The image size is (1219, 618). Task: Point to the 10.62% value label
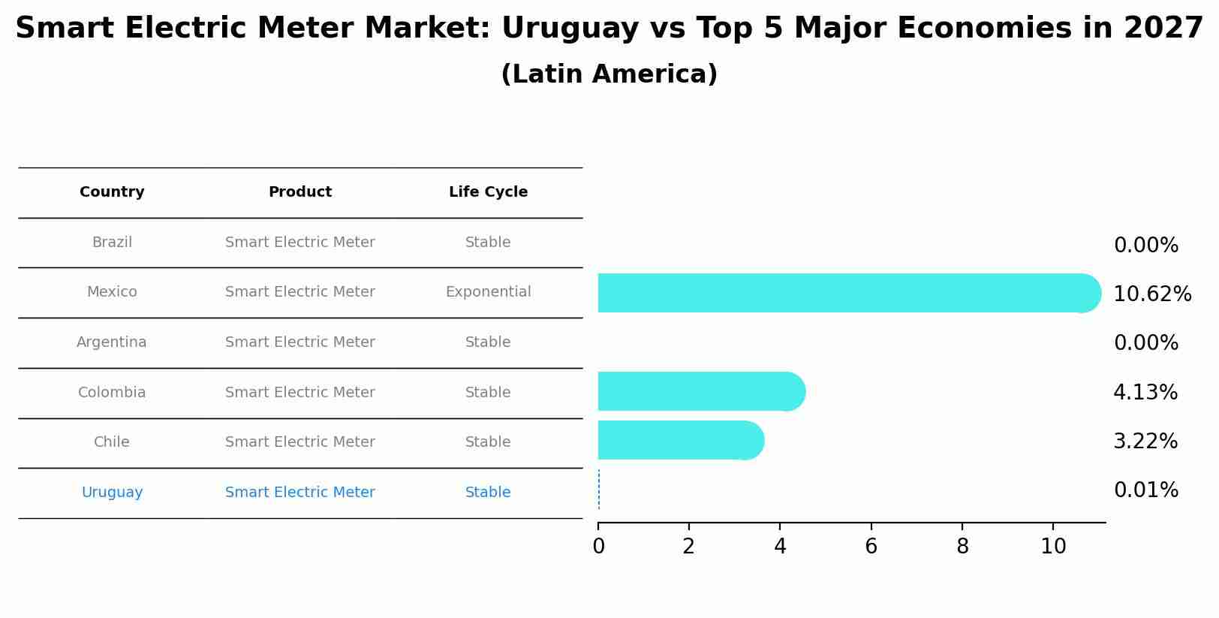tap(1151, 294)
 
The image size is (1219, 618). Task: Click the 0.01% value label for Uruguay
tap(1145, 490)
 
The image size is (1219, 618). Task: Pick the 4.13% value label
tap(1145, 392)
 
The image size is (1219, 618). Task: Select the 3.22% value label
tap(1145, 441)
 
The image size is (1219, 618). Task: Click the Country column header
tap(112, 192)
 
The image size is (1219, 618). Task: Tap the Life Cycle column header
tap(488, 192)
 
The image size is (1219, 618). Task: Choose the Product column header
tap(299, 192)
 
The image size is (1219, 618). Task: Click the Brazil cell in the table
tap(112, 243)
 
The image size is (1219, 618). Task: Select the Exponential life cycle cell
tap(488, 292)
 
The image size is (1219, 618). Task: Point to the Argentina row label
tap(112, 342)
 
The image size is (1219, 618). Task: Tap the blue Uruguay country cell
tap(112, 493)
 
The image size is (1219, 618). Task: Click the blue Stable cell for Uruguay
tap(488, 493)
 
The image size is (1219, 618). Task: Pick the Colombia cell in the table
tap(112, 393)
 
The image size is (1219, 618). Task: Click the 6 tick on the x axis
tap(871, 547)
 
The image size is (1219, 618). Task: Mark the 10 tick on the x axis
tap(1053, 547)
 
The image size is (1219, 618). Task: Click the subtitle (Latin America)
tap(609, 74)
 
